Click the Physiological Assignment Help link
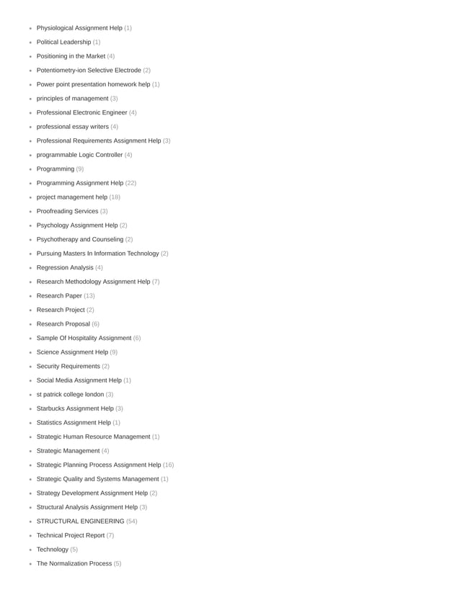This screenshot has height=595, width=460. [x=79, y=28]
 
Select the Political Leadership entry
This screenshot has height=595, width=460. [x=63, y=42]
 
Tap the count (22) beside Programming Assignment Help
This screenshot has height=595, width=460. [x=131, y=183]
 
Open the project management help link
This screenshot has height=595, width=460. [x=71, y=197]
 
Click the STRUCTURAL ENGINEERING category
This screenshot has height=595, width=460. [x=80, y=521]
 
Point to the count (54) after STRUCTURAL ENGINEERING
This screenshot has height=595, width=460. [x=131, y=521]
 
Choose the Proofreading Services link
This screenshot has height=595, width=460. [x=67, y=211]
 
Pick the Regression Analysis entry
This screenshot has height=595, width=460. [x=65, y=267]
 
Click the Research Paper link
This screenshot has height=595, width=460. [x=59, y=295]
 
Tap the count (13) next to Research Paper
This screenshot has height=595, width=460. [x=89, y=295]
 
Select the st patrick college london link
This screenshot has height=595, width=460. [x=70, y=394]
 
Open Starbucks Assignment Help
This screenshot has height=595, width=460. [x=75, y=408]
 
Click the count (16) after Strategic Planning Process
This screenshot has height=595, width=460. [x=168, y=465]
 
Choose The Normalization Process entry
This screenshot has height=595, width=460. [x=74, y=563]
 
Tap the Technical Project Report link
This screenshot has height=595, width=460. [x=71, y=535]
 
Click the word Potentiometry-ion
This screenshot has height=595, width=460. [x=63, y=70]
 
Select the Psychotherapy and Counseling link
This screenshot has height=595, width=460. [x=80, y=239]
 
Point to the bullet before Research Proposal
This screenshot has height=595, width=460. [x=30, y=324]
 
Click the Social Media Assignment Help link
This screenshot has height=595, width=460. [x=79, y=380]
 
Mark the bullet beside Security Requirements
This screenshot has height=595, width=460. [x=30, y=367]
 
